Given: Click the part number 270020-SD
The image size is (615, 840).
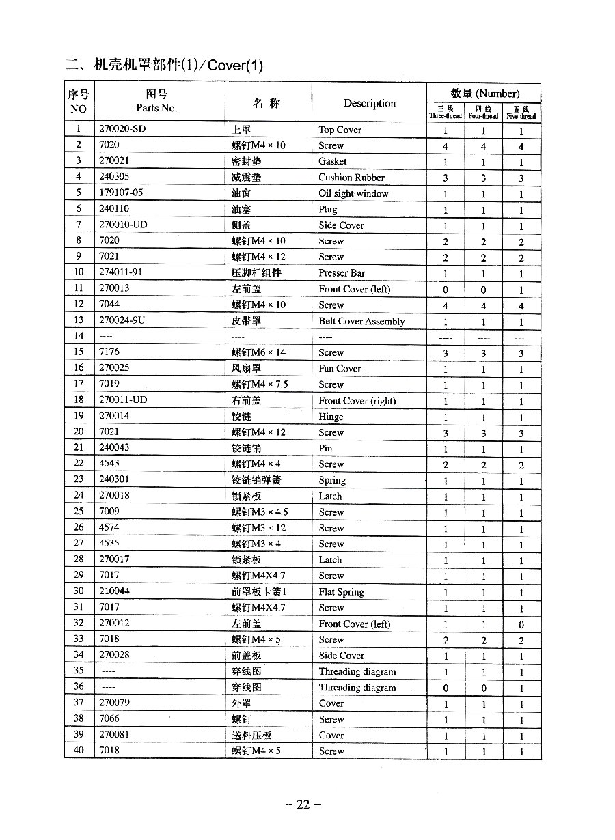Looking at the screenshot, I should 122,129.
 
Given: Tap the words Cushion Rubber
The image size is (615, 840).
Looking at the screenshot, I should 351,178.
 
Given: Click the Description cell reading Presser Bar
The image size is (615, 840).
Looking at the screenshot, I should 342,273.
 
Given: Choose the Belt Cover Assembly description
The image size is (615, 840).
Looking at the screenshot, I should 361,321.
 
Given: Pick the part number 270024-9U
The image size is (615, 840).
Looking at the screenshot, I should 122,320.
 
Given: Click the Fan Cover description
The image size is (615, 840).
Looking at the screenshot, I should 340,369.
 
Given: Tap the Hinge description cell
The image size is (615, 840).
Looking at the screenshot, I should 331,417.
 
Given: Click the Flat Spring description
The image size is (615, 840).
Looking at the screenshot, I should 341,592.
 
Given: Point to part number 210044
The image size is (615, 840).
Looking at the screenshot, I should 114,591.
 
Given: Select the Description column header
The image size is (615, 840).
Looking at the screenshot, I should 369,103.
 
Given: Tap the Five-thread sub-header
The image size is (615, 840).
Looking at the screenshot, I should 521,113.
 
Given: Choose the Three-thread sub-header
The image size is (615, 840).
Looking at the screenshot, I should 446,113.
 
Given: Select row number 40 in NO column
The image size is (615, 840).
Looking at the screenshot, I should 79,751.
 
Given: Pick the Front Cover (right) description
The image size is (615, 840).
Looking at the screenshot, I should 357,401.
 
